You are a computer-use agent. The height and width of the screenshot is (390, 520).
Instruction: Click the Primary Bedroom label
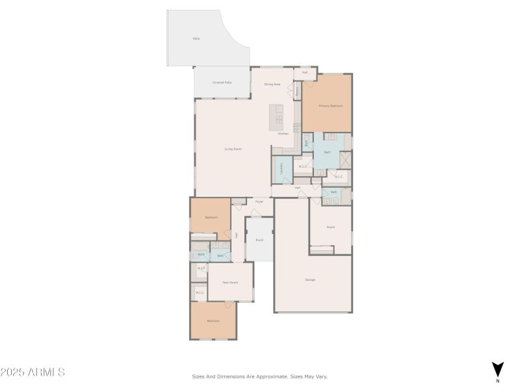(330, 105)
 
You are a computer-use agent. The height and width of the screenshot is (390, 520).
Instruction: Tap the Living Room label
(233, 149)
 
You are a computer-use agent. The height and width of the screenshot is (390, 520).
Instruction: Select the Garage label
(310, 279)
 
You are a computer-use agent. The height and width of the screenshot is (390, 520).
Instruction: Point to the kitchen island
(278, 115)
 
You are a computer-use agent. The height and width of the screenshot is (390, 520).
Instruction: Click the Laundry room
(281, 169)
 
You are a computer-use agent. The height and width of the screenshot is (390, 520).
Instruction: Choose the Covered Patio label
(222, 83)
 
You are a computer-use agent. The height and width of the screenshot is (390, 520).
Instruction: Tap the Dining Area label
(272, 84)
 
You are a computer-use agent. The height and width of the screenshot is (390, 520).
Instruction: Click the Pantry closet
(298, 90)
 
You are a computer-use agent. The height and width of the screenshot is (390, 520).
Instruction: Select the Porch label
(259, 240)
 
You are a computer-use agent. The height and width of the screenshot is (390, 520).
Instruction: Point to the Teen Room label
(230, 282)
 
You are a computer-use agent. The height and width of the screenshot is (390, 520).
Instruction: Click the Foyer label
(259, 201)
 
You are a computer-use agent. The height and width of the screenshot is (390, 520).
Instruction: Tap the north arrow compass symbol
(497, 369)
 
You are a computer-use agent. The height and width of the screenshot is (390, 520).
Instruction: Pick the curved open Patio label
(196, 39)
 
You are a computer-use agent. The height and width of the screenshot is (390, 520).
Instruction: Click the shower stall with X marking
(346, 160)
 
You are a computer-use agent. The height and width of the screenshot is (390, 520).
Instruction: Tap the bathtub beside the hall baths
(200, 246)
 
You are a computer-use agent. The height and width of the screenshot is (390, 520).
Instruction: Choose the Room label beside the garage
(330, 227)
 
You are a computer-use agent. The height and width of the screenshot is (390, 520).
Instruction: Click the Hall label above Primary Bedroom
(304, 72)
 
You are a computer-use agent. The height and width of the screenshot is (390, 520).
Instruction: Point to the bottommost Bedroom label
(213, 321)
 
